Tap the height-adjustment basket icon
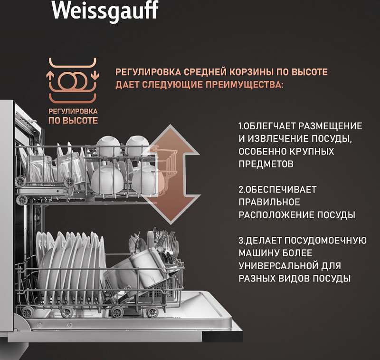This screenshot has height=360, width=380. coord(73,79)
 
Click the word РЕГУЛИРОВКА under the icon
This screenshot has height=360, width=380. coord(73,111)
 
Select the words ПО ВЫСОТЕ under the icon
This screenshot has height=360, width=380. coord(73,120)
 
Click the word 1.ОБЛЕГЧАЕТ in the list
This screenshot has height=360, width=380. coord(266,126)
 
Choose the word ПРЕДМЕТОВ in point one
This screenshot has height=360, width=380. coord(266,164)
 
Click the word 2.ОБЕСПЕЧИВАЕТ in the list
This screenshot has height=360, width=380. coord(277,189)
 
